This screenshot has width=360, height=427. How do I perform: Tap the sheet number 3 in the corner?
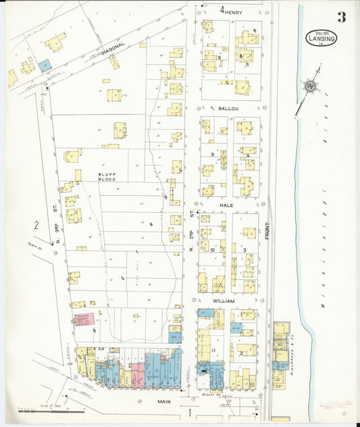coord(342,18)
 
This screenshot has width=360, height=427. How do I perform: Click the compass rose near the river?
coord(310,86)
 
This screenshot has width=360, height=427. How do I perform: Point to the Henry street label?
coord(232,11)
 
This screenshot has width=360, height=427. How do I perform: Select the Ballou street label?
coord(227,108)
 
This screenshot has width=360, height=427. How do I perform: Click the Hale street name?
coord(226,203)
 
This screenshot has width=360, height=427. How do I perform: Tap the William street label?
coord(224,300)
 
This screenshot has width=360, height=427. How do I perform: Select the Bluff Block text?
coord(107,178)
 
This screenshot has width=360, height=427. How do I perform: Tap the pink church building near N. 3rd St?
coord(83,318)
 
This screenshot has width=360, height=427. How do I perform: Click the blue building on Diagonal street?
coord(45,66)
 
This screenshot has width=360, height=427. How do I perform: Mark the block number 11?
coord(213,350)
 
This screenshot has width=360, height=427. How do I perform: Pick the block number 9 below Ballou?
coord(212,154)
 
